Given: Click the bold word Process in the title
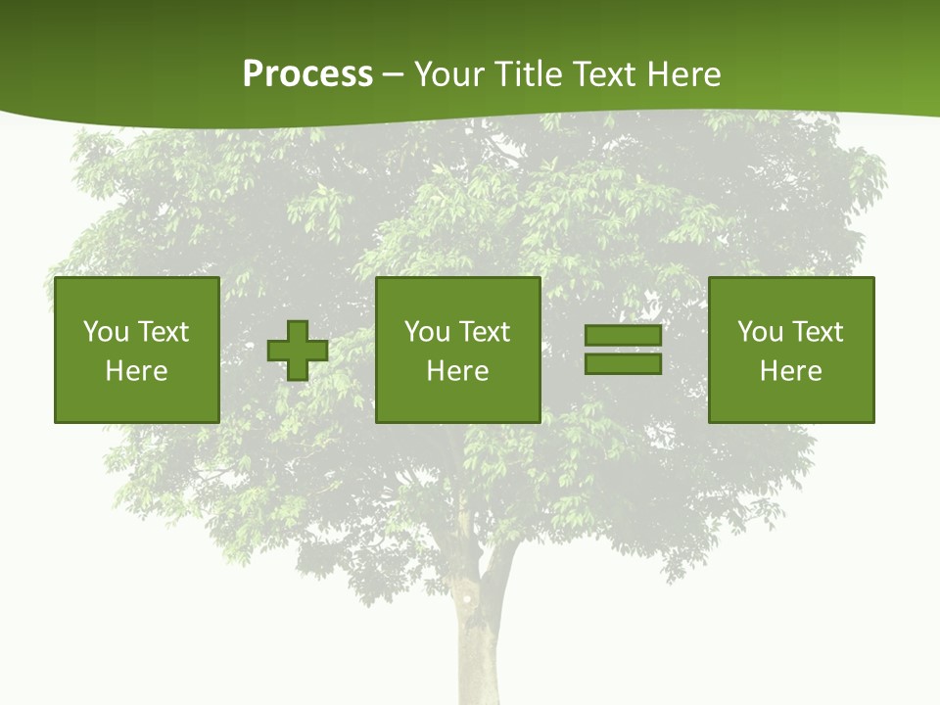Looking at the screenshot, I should click(x=307, y=74).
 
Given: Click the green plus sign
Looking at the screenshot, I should click(x=298, y=351).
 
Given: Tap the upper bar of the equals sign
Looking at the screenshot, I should click(x=623, y=336).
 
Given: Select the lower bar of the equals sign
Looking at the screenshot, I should click(x=623, y=364).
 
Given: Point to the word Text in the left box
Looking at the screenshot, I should click(x=163, y=332).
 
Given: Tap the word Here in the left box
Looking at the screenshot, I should click(x=136, y=371).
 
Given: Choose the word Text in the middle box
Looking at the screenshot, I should click(x=484, y=332).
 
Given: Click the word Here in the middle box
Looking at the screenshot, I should click(x=457, y=371).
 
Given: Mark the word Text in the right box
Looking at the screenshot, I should click(x=817, y=332).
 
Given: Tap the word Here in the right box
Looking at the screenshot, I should click(x=790, y=371).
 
